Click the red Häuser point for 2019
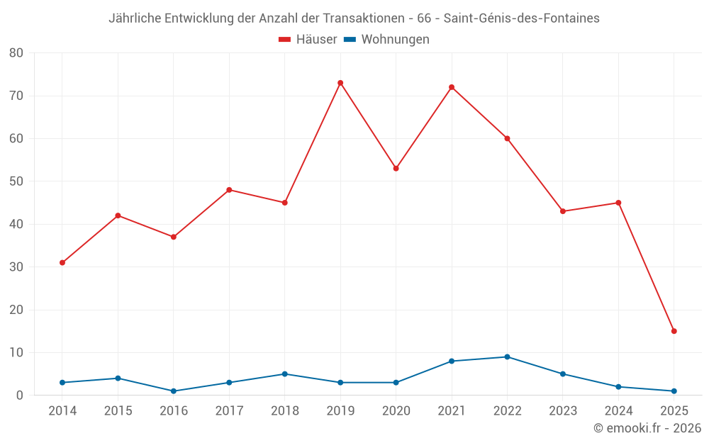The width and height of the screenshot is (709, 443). tap(340, 83)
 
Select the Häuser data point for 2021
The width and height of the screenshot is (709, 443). tap(452, 87)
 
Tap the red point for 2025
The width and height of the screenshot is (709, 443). tap(674, 331)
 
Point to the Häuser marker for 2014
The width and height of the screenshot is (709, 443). tap(62, 262)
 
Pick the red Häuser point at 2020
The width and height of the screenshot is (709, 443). tap(396, 169)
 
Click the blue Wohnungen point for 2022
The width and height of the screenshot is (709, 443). tap(507, 357)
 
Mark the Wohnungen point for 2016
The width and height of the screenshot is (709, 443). tap(174, 391)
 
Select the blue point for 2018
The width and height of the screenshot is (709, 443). tap(285, 374)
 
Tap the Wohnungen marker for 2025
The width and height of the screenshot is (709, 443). tap(674, 391)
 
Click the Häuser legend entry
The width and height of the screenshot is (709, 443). tap(308, 40)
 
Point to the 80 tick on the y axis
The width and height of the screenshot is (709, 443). tap(16, 53)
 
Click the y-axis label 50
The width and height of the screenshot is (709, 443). tap(16, 181)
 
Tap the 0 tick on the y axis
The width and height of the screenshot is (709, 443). tap(20, 396)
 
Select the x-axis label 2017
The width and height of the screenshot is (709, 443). tap(229, 411)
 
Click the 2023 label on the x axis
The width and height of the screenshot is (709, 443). tap(563, 411)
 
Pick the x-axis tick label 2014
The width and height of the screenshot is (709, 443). tap(62, 411)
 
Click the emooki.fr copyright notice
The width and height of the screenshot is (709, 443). tap(647, 428)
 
